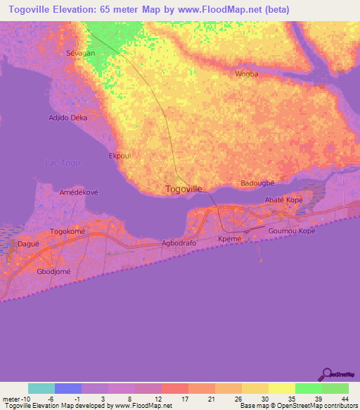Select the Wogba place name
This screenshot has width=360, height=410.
pyautogui.click(x=247, y=74)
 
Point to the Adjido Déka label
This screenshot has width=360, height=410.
pyautogui.click(x=67, y=118)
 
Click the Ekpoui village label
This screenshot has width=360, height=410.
pyautogui.click(x=120, y=156)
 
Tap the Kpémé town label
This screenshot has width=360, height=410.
pyautogui.click(x=230, y=240)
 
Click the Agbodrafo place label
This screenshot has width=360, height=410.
pyautogui.click(x=179, y=244)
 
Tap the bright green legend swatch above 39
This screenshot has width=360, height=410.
pyautogui.click(x=308, y=388)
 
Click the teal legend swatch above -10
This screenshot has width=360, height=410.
pyautogui.click(x=41, y=388)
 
